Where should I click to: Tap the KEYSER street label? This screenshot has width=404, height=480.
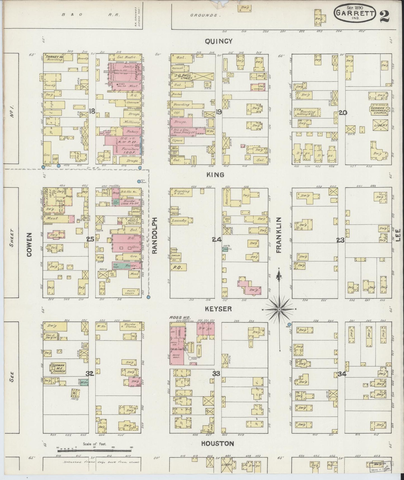218,309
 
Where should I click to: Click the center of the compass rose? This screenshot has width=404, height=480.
279,309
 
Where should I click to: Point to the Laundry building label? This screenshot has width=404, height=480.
179,221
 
